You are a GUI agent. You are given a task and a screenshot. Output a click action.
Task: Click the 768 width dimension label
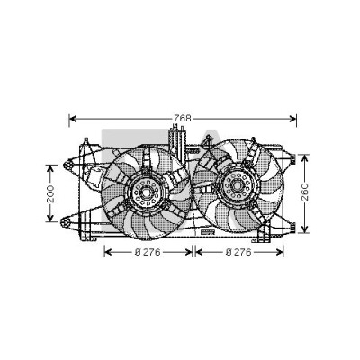coord(183,119)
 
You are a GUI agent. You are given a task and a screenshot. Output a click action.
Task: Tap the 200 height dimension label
coord(50,193)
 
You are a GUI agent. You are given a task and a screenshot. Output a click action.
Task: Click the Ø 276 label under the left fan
coord(148,252)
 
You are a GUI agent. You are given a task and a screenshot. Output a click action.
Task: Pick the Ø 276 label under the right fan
coord(238,252)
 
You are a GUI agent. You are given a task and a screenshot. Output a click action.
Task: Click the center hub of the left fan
coord(147,193)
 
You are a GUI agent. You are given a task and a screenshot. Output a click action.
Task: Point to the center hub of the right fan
coord(237,186)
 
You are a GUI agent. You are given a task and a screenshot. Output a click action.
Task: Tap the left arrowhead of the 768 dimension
coord(73,119)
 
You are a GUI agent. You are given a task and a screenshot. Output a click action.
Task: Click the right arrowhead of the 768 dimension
coord(292,119)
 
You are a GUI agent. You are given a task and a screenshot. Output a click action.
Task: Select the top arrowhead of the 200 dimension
coord(50,168)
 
